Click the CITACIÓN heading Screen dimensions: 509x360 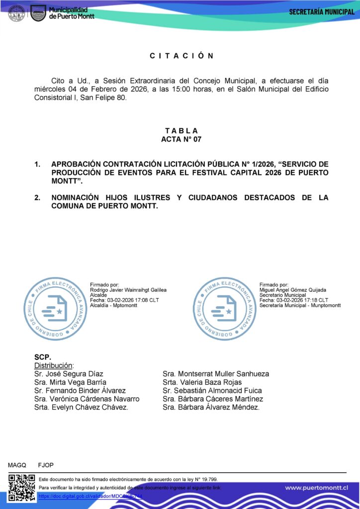(x=181, y=56)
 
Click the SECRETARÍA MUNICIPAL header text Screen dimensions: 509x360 (x=322, y=12)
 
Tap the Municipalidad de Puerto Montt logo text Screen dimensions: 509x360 (x=71, y=13)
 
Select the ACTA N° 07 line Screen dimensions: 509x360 (x=181, y=139)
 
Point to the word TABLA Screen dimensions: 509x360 (x=181, y=131)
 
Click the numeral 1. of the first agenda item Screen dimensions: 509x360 (x=37, y=164)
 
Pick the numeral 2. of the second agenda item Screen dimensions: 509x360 (x=37, y=198)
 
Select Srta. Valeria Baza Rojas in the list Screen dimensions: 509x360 (x=202, y=382)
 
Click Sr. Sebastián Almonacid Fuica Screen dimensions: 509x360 (x=212, y=391)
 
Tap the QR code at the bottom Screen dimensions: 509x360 (x=22, y=488)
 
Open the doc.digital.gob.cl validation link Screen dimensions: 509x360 (x=90, y=496)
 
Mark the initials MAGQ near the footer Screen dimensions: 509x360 (x=17, y=465)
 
